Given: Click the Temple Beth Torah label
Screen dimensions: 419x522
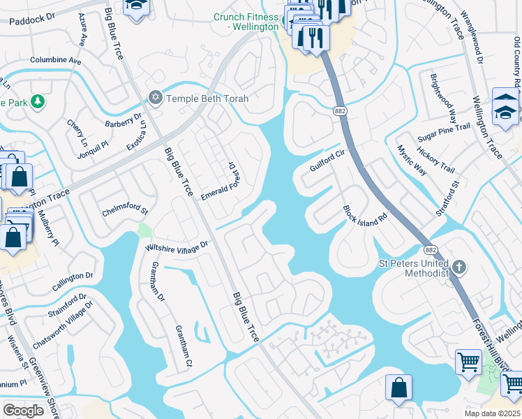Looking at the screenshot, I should point(207,98).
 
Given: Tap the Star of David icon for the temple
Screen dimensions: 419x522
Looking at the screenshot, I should point(156,98).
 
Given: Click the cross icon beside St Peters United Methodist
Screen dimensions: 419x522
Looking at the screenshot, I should point(458,267).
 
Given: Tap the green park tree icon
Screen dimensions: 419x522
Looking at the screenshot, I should point(38,102).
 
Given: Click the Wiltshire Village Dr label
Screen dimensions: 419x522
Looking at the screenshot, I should point(177,246).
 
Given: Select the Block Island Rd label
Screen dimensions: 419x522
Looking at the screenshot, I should point(364,216).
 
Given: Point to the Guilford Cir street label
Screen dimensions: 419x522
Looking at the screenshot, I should point(327,163).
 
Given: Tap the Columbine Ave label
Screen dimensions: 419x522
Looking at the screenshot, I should point(56,61).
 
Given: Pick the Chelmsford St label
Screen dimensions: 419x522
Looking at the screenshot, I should point(126,210).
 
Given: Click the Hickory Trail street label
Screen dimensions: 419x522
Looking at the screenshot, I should point(435,160).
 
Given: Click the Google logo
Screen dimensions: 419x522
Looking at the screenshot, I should point(24,411).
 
